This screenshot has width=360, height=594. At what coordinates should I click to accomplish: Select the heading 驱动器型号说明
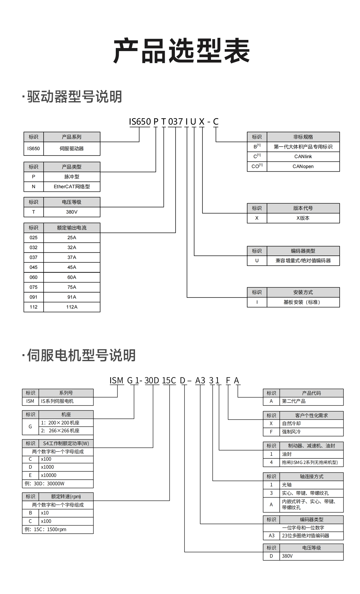[x=74, y=97]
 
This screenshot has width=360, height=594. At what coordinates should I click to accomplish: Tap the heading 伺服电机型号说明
[x=81, y=355]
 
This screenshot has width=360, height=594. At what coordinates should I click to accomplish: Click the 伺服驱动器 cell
[x=72, y=149]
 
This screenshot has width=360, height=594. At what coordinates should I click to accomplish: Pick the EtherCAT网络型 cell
[x=72, y=187]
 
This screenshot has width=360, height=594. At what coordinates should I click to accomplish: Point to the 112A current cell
[x=72, y=307]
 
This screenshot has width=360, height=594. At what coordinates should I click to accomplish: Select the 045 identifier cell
[x=34, y=267]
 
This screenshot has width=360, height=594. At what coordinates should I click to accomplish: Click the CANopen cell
[x=303, y=167]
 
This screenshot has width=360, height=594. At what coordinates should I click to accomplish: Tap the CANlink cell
[x=303, y=157]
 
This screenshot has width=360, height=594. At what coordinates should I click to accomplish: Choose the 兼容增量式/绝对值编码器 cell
[x=303, y=261]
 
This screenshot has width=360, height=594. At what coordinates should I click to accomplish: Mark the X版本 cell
[x=303, y=218]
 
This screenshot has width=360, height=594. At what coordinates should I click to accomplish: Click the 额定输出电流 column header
[x=72, y=228]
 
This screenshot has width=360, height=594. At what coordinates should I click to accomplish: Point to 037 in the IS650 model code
[x=175, y=122]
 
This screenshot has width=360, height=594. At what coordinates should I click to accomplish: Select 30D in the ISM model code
[x=152, y=381]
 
